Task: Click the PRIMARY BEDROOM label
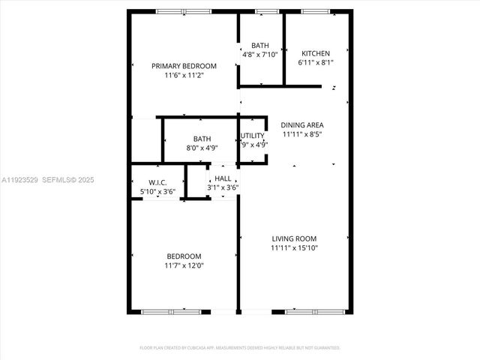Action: click(x=184, y=66)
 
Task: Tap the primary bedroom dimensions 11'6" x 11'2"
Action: click(x=184, y=75)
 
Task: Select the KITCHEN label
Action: click(x=315, y=53)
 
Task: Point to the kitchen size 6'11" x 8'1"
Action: click(x=315, y=63)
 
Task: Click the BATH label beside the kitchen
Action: click(x=260, y=46)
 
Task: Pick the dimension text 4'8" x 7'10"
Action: click(x=260, y=55)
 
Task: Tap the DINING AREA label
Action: click(x=301, y=124)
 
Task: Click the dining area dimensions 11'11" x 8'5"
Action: click(x=301, y=134)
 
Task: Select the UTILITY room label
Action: click(x=252, y=136)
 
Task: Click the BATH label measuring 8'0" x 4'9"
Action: click(x=202, y=139)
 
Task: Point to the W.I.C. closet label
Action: click(x=157, y=182)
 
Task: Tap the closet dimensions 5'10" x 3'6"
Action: click(x=157, y=192)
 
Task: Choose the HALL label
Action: click(x=223, y=178)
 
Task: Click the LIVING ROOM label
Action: click(x=294, y=238)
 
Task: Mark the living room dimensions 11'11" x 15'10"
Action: click(x=294, y=248)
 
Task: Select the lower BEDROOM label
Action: click(x=184, y=256)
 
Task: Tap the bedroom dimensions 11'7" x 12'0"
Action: click(x=184, y=265)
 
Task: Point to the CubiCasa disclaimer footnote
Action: click(x=240, y=348)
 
